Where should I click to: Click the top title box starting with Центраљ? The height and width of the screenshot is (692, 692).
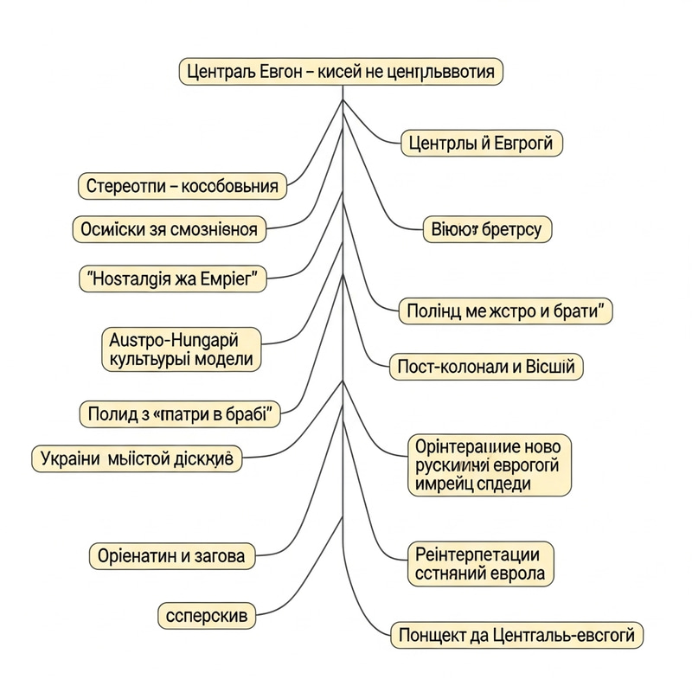click(x=341, y=71)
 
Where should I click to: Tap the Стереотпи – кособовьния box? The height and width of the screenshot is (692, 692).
click(x=182, y=185)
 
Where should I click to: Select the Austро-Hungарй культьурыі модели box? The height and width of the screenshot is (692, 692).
click(x=182, y=347)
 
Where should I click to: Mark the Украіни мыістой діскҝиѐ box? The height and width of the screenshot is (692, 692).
click(x=137, y=458)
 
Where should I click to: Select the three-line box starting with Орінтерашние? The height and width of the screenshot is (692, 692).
click(x=490, y=465)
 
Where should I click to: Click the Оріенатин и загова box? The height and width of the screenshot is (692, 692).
click(x=173, y=554)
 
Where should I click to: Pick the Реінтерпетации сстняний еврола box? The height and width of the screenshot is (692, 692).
click(x=479, y=563)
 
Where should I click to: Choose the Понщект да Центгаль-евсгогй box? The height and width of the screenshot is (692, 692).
click(x=516, y=636)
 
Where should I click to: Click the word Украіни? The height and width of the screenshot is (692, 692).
click(x=69, y=458)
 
